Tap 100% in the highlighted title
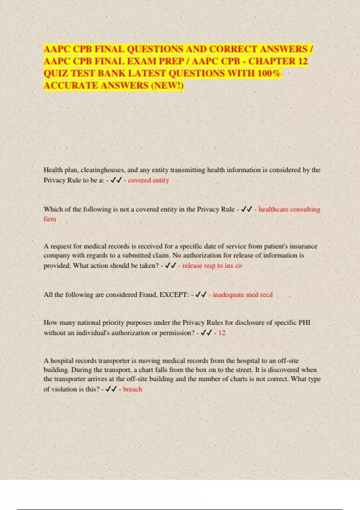[x=269, y=73]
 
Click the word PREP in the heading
[x=171, y=61]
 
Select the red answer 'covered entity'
[x=148, y=180]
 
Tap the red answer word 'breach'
[x=133, y=389]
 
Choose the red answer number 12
[x=222, y=333]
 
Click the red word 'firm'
[x=50, y=219]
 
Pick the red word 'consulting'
[x=305, y=209]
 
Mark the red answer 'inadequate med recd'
[x=242, y=295]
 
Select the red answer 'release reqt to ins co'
[x=212, y=266]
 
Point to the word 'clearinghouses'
[x=102, y=170]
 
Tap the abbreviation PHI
[x=304, y=322]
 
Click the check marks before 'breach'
[x=111, y=389]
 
